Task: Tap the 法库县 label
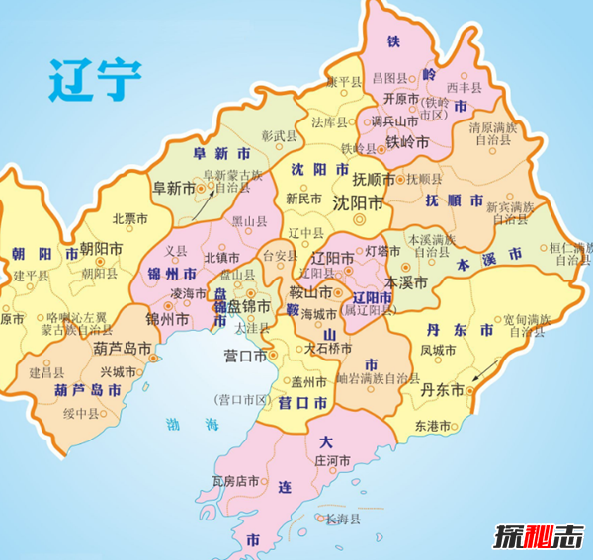pos(330,123)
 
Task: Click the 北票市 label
pos(129,219)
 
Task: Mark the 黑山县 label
pos(248,223)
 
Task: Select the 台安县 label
pos(280,256)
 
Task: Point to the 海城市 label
pos(318,313)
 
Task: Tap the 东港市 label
pos(433,426)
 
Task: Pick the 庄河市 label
pos(332,460)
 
